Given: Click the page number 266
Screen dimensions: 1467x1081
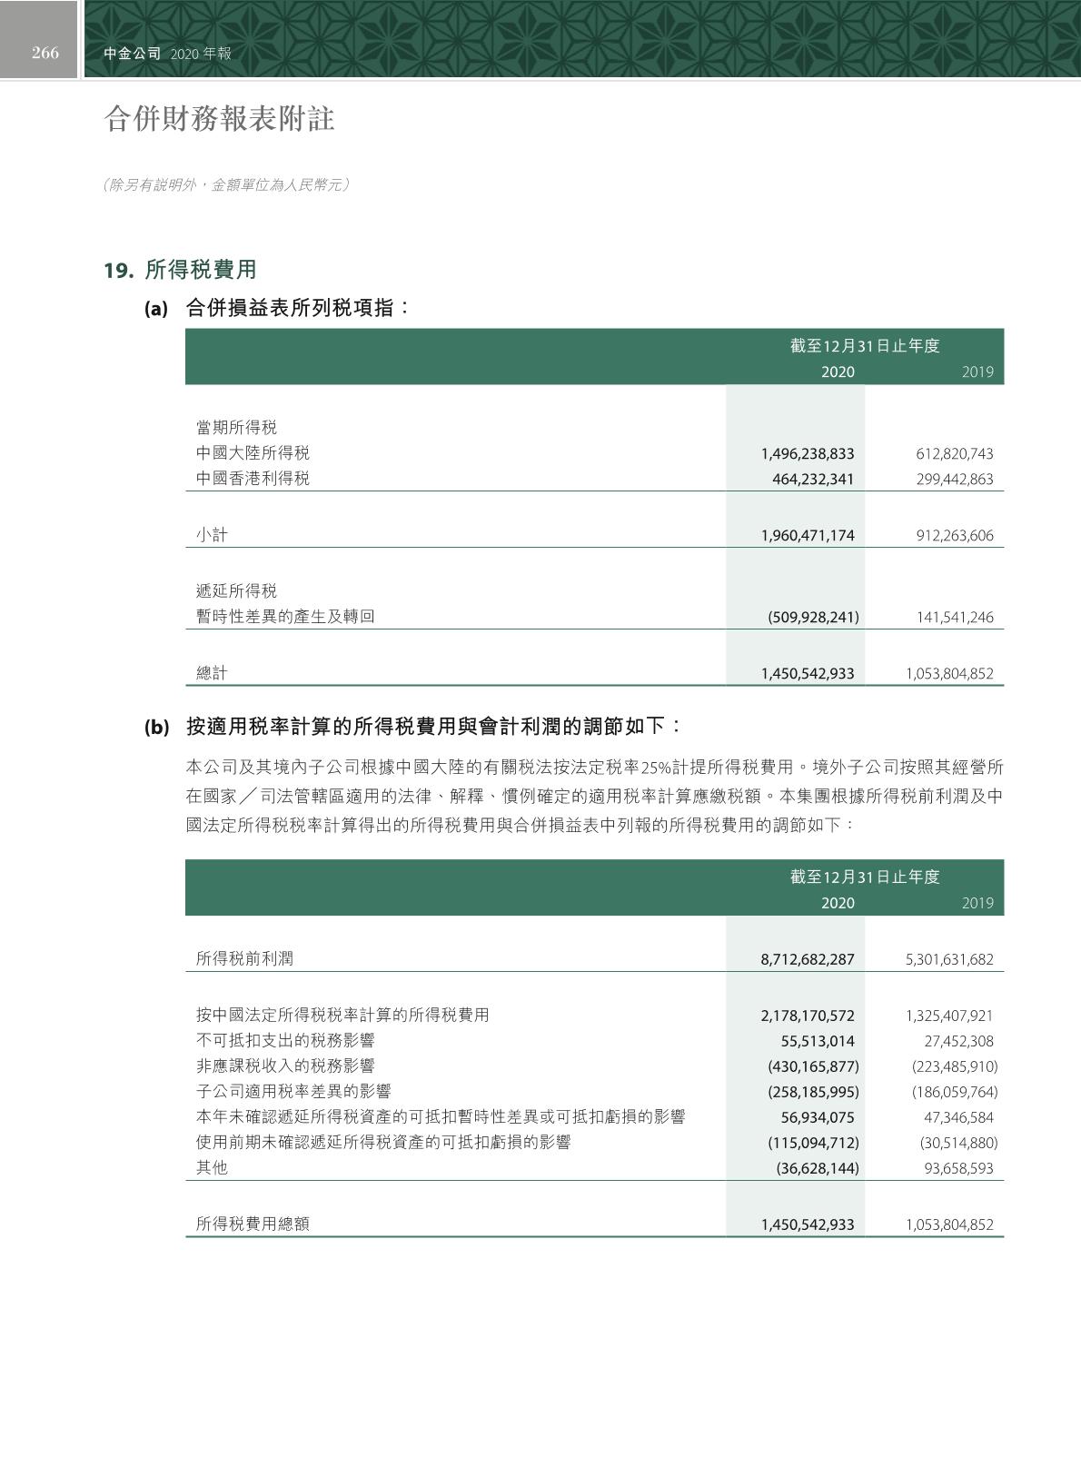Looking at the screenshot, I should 45,53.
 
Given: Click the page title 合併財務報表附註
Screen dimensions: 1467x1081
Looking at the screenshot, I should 219,119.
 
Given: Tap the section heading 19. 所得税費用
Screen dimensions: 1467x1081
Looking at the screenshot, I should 180,270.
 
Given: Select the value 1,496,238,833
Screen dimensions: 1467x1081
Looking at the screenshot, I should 807,454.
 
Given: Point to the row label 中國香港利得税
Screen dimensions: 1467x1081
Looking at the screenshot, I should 253,479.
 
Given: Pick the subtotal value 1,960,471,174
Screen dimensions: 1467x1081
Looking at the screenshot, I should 807,536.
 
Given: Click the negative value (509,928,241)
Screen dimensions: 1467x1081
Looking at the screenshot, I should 813,618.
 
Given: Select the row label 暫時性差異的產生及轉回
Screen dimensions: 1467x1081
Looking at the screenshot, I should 285,617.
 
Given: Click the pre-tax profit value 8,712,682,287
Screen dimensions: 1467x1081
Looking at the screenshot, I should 807,959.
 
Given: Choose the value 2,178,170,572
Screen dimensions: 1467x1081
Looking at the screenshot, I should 807,1016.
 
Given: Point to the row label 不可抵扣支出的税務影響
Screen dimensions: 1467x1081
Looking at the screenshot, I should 285,1041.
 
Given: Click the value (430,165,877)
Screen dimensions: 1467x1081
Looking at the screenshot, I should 813,1066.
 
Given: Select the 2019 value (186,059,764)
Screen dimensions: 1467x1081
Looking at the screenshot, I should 954,1092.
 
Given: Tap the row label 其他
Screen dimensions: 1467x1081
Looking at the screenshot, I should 212,1168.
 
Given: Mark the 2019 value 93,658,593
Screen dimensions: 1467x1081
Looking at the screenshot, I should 958,1169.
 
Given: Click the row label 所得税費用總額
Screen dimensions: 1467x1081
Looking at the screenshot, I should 253,1224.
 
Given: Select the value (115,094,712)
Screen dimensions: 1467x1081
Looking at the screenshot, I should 813,1143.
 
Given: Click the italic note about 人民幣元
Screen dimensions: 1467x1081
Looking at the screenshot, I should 226,185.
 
